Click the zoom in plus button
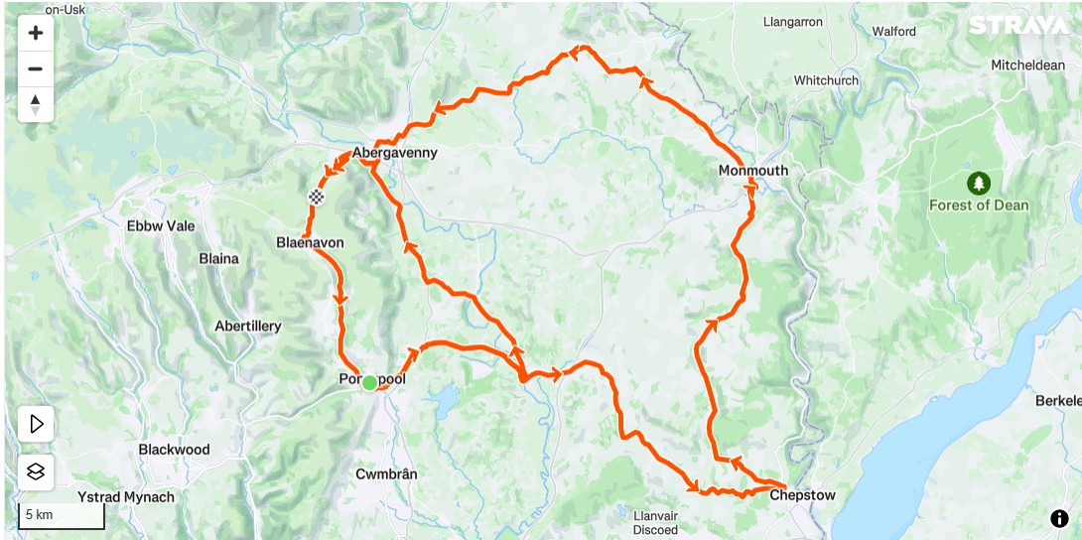tap(36, 33)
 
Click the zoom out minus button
tap(36, 68)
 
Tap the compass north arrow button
tap(36, 104)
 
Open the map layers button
tap(36, 472)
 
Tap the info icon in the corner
tap(1059, 518)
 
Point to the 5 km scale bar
tap(62, 516)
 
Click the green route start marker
tap(369, 382)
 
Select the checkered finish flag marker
tap(317, 197)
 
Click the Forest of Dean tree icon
tap(979, 184)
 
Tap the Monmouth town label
tap(752, 171)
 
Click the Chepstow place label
tap(802, 495)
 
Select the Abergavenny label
tap(394, 154)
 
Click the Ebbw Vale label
tap(161, 225)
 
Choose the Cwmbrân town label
tap(386, 473)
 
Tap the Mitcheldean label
tap(1027, 66)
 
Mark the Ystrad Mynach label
tap(125, 496)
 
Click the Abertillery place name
tap(248, 326)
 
